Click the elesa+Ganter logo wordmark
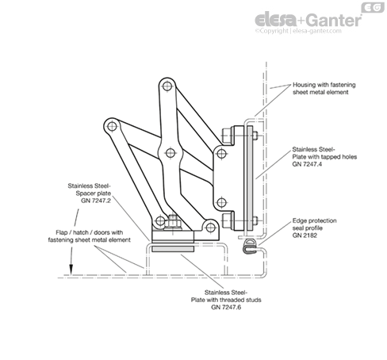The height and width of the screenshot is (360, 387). point(308,20)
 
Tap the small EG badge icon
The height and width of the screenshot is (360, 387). point(373,7)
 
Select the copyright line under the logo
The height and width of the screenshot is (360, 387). point(298,31)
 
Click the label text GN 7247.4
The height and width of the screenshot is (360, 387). point(307,164)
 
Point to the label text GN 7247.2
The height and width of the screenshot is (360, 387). point(96,201)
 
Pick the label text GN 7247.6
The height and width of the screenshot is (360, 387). point(226,307)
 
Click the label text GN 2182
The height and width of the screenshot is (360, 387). point(305,236)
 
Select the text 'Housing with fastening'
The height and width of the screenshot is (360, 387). point(324,85)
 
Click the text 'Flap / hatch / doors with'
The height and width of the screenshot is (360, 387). point(90,232)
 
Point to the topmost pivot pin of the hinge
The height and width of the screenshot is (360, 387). point(167,86)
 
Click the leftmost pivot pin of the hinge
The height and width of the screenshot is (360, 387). point(112,126)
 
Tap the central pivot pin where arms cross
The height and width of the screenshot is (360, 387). point(171,153)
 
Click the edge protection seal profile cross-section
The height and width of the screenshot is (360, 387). point(249,247)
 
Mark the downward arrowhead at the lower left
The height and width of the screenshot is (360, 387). point(71,270)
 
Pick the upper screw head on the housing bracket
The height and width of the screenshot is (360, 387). point(227,136)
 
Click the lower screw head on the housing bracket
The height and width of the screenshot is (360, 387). point(227,220)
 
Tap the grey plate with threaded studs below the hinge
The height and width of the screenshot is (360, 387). point(173,249)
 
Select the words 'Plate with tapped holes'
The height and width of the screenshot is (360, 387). point(324,157)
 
